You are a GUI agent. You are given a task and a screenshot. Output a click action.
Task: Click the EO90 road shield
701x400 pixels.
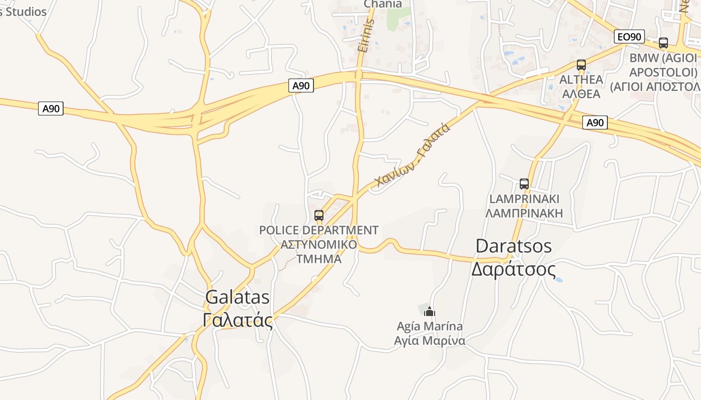(629, 36)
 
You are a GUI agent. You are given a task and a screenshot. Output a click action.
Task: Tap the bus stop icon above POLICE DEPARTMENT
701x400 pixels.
(319, 215)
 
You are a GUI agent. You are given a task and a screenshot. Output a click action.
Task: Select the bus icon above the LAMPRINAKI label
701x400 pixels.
(524, 184)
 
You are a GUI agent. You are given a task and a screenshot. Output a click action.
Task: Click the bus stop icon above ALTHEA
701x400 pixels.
(581, 65)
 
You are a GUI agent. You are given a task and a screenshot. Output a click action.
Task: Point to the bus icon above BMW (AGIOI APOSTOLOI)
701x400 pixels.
(663, 43)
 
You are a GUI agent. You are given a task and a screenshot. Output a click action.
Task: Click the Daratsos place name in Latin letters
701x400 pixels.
(514, 246)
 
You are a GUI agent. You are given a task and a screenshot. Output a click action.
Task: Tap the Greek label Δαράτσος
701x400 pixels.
(514, 269)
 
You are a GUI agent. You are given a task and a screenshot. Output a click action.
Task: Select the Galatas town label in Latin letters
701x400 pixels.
(237, 297)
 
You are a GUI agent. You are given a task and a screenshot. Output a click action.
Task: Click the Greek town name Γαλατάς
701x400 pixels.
(238, 320)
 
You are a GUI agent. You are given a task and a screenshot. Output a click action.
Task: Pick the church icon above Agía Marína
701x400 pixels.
(429, 312)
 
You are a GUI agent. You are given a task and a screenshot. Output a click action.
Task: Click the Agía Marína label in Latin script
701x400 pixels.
(430, 326)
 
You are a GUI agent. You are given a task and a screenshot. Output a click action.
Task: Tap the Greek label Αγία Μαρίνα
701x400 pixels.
(430, 341)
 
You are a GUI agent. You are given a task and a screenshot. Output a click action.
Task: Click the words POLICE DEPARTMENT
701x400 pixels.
(318, 230)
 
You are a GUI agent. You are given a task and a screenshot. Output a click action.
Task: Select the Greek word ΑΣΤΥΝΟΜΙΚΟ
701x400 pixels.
(318, 244)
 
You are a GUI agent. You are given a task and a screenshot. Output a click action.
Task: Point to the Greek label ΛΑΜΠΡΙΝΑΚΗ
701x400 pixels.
(524, 213)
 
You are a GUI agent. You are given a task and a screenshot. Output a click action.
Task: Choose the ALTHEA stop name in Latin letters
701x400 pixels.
(581, 79)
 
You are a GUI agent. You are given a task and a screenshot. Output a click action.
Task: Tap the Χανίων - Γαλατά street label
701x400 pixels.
(413, 155)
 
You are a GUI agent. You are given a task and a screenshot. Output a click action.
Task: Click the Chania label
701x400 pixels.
(383, 4)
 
